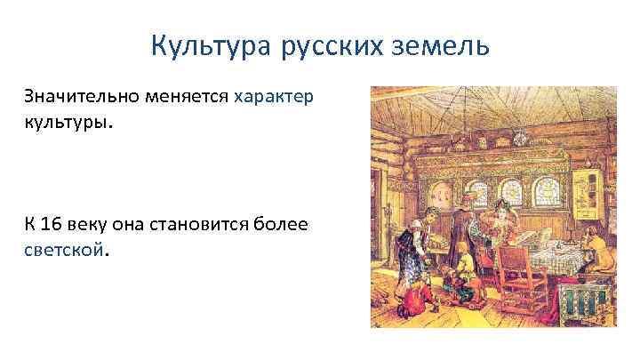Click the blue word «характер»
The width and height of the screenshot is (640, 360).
(274, 95)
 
